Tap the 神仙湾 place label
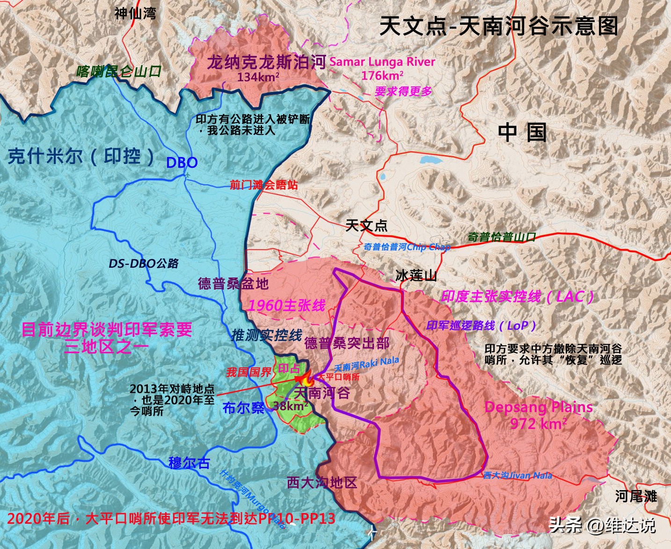[135, 13]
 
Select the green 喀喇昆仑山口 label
[119, 71]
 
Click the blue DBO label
[182, 163]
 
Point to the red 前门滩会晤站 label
[263, 185]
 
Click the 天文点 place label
[366, 226]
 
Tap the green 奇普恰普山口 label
[502, 237]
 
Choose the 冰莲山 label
[416, 275]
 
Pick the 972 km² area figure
[538, 423]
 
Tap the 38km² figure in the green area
[290, 406]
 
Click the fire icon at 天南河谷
[306, 378]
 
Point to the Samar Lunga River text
[382, 62]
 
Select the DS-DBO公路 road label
[144, 264]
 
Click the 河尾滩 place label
[635, 496]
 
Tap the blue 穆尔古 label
[189, 463]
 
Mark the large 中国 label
[522, 132]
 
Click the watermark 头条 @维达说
[602, 525]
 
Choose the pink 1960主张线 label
[286, 306]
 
